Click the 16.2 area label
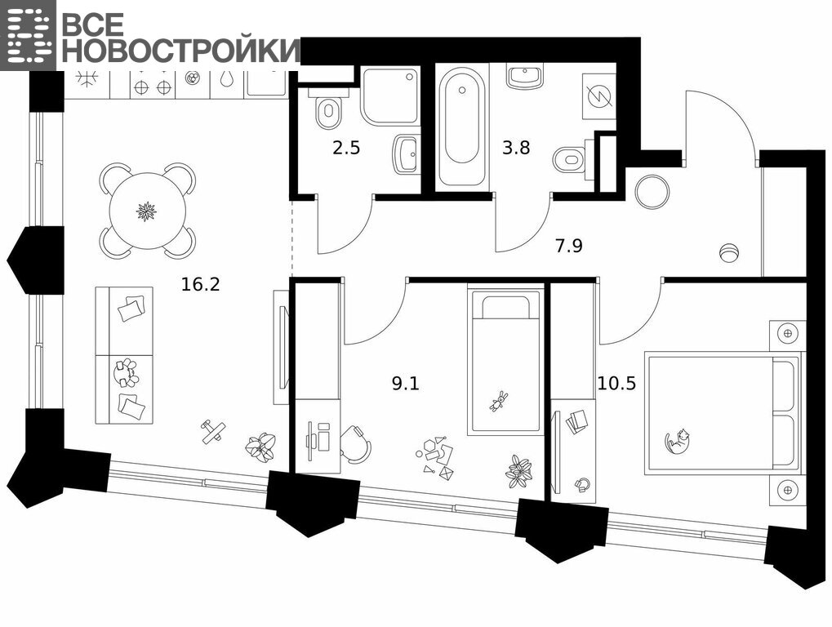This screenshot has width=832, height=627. click(x=201, y=285)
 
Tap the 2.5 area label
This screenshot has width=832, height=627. click(x=346, y=148)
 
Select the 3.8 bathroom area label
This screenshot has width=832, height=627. click(x=516, y=148)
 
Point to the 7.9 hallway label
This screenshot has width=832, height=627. click(x=569, y=246)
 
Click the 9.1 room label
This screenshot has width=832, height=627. click(x=406, y=383)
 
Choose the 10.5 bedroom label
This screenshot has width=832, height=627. click(x=616, y=383)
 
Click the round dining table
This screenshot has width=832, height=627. click(x=148, y=211)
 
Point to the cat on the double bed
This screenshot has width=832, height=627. click(x=679, y=441)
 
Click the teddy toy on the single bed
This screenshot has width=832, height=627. click(x=498, y=401)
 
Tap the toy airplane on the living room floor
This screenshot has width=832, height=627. click(x=212, y=430)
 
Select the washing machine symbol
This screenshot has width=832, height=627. click(x=599, y=96)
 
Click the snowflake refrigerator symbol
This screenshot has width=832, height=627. click(x=87, y=78)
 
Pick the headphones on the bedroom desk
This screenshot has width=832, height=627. click(x=582, y=484)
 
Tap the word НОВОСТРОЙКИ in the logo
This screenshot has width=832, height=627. click(x=181, y=50)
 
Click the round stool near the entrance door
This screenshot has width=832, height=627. click(x=652, y=192)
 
